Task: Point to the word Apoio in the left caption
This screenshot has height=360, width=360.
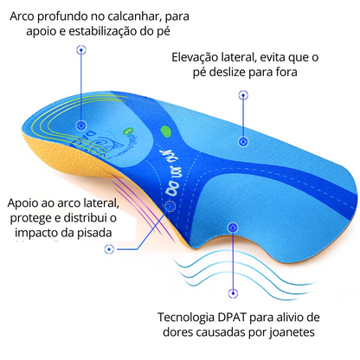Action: (x=22, y=203)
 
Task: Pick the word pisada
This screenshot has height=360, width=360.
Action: (x=94, y=233)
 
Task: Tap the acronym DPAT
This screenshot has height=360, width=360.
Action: (x=231, y=318)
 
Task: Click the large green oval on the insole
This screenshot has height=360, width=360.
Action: (x=166, y=132)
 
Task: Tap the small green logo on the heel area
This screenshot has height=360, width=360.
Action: (x=126, y=132)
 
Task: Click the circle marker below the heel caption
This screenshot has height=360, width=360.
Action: (x=81, y=49)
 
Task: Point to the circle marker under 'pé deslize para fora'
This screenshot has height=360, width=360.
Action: (x=243, y=95)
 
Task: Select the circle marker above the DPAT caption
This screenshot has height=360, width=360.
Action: (x=233, y=293)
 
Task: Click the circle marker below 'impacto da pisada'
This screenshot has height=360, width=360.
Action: (x=109, y=249)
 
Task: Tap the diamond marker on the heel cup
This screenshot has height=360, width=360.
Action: (x=81, y=125)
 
